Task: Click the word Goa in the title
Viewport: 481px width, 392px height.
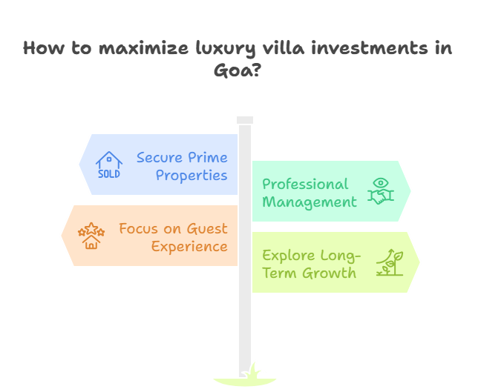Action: tap(232, 72)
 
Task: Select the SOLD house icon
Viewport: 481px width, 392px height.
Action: tap(109, 165)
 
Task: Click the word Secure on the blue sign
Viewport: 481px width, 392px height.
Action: tap(161, 158)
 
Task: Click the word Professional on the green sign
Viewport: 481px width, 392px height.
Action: tap(305, 184)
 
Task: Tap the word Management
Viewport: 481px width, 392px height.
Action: tap(310, 202)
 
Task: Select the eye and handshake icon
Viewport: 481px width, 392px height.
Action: tap(380, 191)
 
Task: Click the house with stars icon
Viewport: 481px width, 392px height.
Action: tap(91, 236)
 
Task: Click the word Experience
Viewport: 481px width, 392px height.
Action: tap(189, 247)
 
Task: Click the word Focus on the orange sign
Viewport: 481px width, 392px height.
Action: tap(139, 229)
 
